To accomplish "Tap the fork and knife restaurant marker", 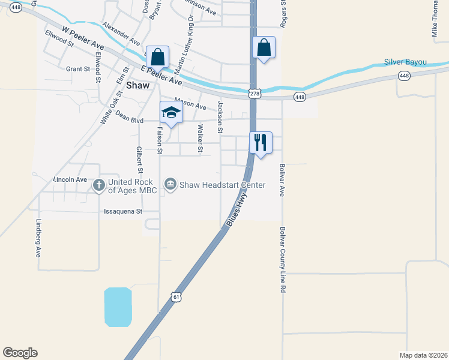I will (260, 143).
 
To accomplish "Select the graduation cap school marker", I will (171, 112).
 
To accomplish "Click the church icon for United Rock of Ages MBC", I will (98, 185).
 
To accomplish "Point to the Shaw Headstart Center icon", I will (170, 184).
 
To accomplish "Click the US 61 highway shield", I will (175, 296).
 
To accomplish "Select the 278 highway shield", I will (255, 93).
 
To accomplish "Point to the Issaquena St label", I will (123, 211).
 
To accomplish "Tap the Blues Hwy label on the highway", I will (237, 213).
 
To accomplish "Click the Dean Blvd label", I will (129, 117).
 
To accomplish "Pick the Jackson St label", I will (220, 117).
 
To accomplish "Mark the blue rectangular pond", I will (118, 307).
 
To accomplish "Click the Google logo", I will (20, 352).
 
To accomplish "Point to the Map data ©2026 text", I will (423, 355).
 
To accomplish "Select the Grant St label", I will (77, 69).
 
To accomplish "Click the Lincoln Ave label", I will (70, 180).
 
